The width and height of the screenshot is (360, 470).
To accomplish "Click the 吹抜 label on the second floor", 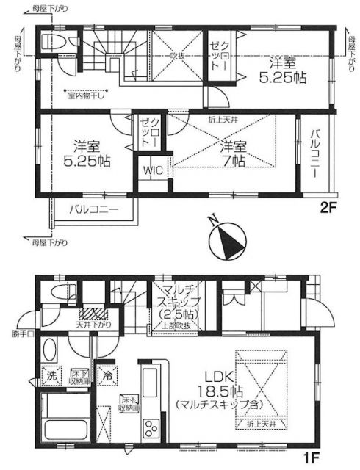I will pyautogui.click(x=176, y=55).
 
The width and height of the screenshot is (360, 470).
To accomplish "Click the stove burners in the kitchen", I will pyautogui.click(x=151, y=429).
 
